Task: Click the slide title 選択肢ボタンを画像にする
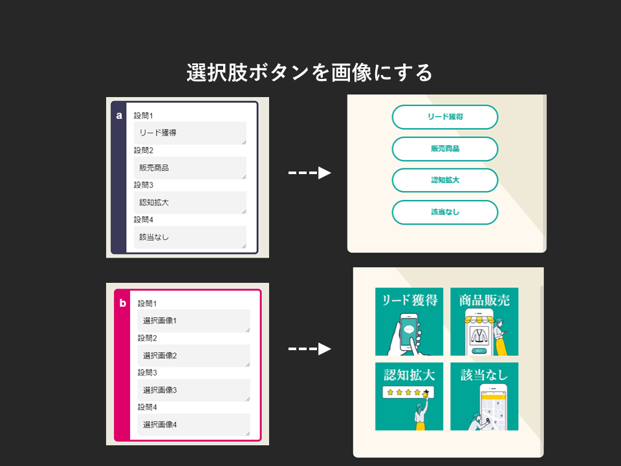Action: (309, 72)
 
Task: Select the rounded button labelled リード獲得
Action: (445, 117)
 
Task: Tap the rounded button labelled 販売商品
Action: (445, 149)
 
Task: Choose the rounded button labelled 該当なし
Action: (445, 212)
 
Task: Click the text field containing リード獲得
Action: (190, 133)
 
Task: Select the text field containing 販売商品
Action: (190, 168)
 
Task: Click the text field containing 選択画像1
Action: (193, 320)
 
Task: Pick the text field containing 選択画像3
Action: (193, 390)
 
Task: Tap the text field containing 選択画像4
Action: (193, 425)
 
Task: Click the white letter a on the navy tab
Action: (119, 116)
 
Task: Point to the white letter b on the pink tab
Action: (123, 303)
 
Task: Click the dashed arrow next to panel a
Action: (309, 173)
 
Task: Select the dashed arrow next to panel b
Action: (309, 349)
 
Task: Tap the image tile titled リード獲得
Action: (409, 322)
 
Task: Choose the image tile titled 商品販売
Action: (485, 322)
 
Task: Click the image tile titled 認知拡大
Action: (409, 396)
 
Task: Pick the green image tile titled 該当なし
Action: (485, 396)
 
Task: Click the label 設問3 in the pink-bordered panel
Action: (147, 373)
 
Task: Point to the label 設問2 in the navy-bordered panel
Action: (144, 150)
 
